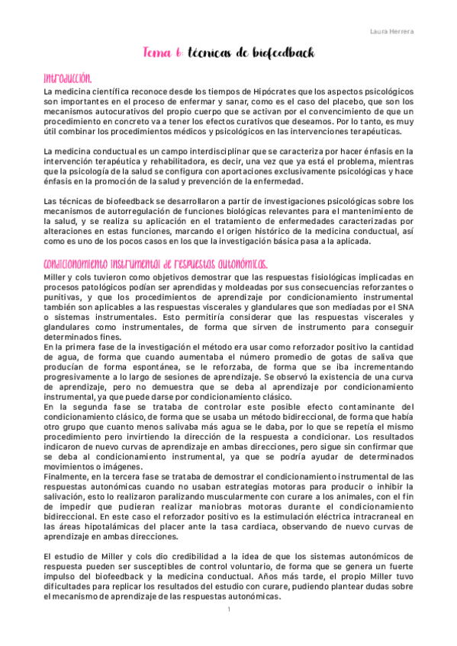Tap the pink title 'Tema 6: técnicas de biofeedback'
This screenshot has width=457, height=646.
point(228,53)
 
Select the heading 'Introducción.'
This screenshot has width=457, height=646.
point(68,78)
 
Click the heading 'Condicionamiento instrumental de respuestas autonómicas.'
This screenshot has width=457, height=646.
point(156,263)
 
